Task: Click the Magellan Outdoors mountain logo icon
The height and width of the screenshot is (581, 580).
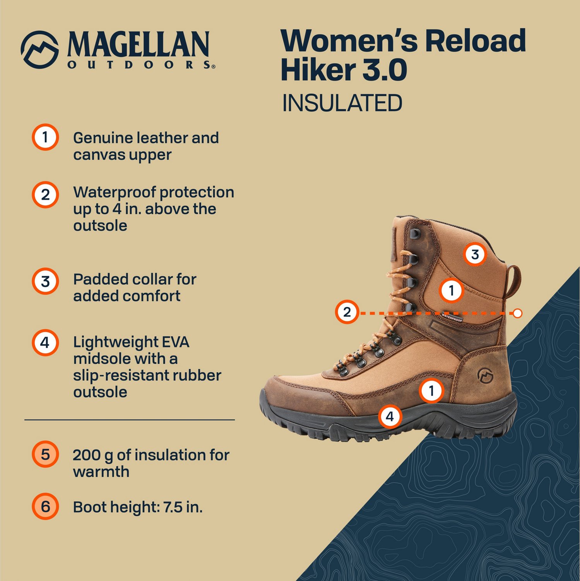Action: pyautogui.click(x=40, y=50)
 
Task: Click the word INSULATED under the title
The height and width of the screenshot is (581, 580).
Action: pyautogui.click(x=342, y=103)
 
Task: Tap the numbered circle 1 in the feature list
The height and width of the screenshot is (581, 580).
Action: pyautogui.click(x=45, y=137)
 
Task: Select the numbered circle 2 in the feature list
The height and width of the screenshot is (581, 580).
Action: pyautogui.click(x=45, y=194)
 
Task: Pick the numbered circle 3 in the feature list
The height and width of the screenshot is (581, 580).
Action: pyautogui.click(x=45, y=281)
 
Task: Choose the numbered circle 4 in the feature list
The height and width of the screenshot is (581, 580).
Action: pyautogui.click(x=45, y=342)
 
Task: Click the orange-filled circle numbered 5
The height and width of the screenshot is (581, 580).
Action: pyautogui.click(x=45, y=454)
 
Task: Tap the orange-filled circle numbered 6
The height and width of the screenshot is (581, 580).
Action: pyautogui.click(x=45, y=506)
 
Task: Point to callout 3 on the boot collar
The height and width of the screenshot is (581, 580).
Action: pyautogui.click(x=475, y=254)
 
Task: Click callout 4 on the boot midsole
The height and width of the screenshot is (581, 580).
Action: pyautogui.click(x=390, y=416)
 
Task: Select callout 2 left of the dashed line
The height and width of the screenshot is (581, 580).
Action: pyautogui.click(x=347, y=312)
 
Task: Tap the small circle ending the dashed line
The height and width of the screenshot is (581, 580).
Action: pyautogui.click(x=518, y=313)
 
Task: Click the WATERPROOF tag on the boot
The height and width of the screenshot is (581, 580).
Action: pyautogui.click(x=452, y=318)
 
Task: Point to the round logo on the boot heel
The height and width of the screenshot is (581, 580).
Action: pyautogui.click(x=484, y=375)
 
